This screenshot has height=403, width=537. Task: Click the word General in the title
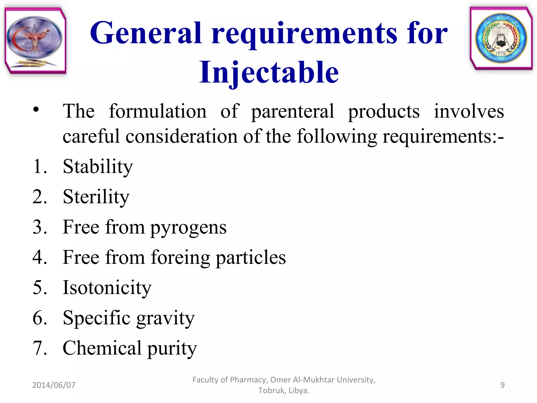pos(146,33)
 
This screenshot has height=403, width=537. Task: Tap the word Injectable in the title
pos(269,72)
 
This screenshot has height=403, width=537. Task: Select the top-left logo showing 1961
pos(35,41)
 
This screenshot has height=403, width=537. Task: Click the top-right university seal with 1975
pos(501,39)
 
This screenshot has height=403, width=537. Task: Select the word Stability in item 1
pos(98,167)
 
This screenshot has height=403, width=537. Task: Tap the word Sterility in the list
pos(96,197)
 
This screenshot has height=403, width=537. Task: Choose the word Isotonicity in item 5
pos(107,288)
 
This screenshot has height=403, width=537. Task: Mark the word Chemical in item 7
pos(102,348)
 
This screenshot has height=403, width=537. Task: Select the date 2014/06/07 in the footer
pos(54,385)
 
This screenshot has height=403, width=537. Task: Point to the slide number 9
pos(502,385)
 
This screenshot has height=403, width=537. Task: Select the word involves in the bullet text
pos(469,111)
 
